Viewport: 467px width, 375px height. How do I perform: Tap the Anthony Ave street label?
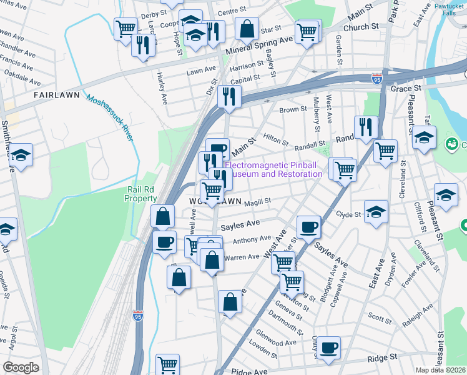click(252, 239)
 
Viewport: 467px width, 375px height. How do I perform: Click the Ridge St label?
click(382, 358)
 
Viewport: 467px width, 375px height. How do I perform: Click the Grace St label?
click(403, 89)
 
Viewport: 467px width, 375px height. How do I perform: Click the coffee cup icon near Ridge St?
click(328, 347)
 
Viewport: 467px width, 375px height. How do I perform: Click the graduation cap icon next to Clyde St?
click(376, 211)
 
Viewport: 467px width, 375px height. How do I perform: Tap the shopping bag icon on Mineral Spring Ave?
click(247, 28)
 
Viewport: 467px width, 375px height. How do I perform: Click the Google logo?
click(21, 367)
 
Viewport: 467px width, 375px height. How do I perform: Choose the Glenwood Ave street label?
click(276, 342)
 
